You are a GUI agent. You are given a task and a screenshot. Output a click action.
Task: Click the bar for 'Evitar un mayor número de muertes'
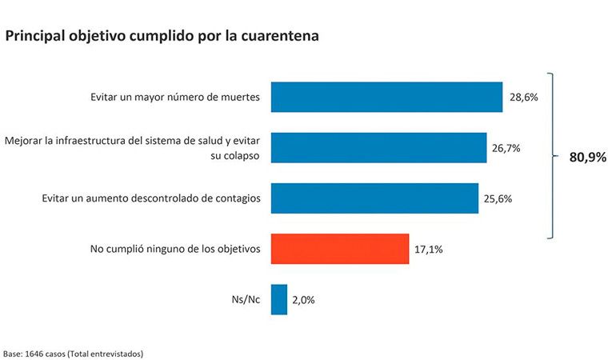point(386,97)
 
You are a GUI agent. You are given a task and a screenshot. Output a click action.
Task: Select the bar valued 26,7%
point(378,148)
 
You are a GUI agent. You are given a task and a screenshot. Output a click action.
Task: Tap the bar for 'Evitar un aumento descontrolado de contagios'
point(374,198)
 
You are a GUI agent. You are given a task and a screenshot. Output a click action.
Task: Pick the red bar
point(340,249)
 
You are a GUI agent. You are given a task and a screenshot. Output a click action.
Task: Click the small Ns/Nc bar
point(279,300)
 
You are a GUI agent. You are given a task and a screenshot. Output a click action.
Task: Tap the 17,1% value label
point(428,250)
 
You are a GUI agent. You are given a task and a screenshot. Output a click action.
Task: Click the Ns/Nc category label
point(248,300)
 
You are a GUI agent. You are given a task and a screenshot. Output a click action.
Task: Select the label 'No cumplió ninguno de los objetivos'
point(175,249)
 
